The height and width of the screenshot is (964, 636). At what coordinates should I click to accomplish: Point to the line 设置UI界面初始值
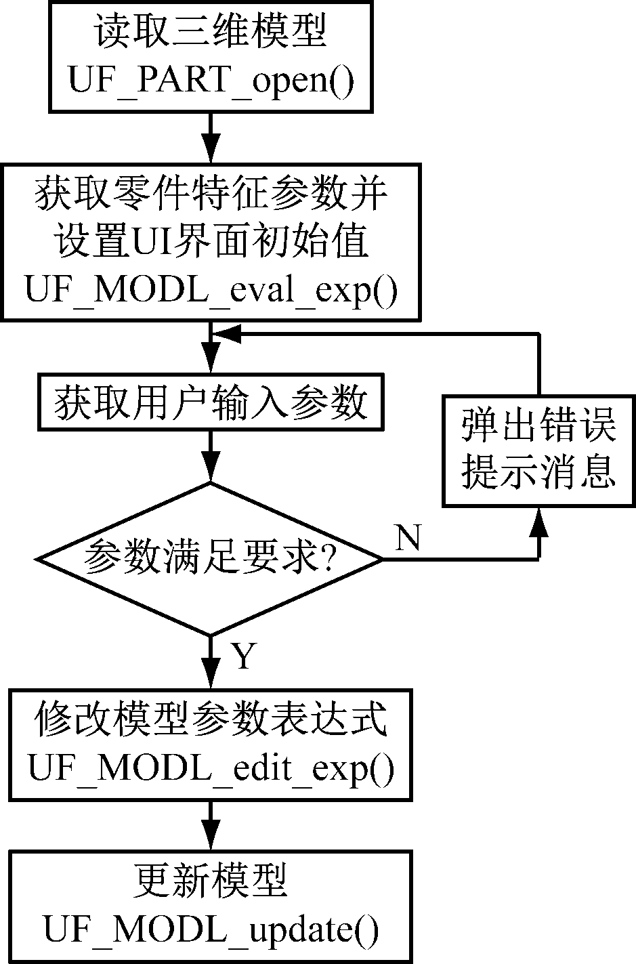tap(211, 243)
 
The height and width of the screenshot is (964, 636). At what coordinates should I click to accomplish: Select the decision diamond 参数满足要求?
tap(211, 559)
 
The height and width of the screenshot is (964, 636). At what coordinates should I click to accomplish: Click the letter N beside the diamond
tap(408, 539)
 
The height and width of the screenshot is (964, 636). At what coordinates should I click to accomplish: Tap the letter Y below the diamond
tap(242, 656)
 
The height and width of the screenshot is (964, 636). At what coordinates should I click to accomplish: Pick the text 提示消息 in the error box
tap(539, 472)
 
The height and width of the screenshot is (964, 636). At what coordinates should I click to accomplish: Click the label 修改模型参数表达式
tap(211, 720)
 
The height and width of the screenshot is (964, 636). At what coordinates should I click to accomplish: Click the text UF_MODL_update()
tap(211, 929)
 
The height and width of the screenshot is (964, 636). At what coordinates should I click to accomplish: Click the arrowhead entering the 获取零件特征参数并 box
tap(211, 150)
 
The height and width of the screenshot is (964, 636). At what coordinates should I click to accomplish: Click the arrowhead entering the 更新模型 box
tap(211, 835)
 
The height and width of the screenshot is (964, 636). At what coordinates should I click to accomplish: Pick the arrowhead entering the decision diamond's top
tap(211, 468)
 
